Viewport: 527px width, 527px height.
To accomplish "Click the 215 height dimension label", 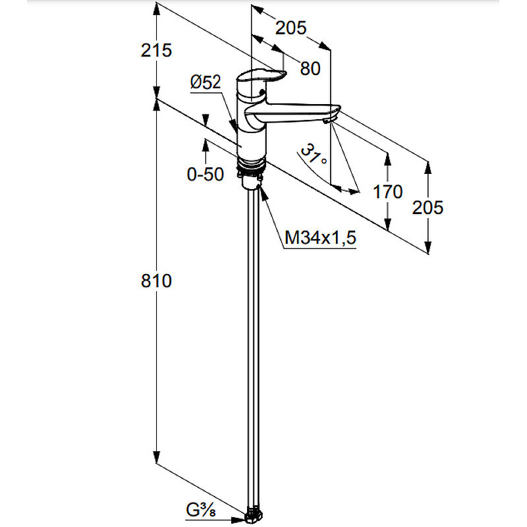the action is (x=156, y=51).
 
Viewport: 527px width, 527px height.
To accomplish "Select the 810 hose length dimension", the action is (x=156, y=281).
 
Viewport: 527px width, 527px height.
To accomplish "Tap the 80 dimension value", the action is (x=310, y=69).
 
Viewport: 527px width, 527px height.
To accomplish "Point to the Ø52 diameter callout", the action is (x=206, y=82).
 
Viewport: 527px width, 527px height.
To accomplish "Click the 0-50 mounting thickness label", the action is (x=206, y=174).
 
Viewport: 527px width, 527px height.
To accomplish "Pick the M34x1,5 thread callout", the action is (x=320, y=238).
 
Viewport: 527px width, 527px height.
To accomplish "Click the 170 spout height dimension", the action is (x=387, y=192).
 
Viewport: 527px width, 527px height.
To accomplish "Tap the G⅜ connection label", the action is (x=201, y=511).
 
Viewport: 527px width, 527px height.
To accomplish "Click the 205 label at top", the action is (x=291, y=28).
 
